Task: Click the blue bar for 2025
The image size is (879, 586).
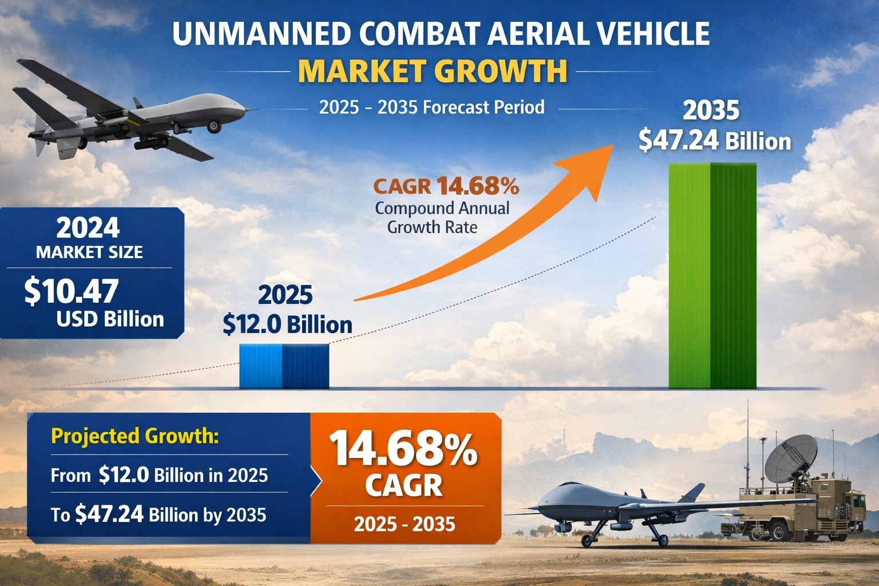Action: pos(284,366)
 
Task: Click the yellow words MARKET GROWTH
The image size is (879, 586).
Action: pos(433,71)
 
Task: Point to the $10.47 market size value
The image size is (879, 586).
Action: pos(72,291)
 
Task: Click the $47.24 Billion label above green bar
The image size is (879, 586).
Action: pos(715,141)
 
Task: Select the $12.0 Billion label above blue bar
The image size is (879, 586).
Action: pos(287,324)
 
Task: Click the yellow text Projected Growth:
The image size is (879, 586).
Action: pos(135,436)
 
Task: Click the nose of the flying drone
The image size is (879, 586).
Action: pos(252,109)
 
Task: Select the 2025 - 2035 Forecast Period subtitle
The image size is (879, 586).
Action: pos(431,107)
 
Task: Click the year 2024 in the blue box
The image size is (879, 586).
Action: pos(88,228)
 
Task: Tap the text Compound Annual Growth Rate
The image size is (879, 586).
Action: pos(442,217)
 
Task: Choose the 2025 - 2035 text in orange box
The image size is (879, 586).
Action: pos(405,524)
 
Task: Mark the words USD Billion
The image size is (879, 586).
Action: pos(110,319)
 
